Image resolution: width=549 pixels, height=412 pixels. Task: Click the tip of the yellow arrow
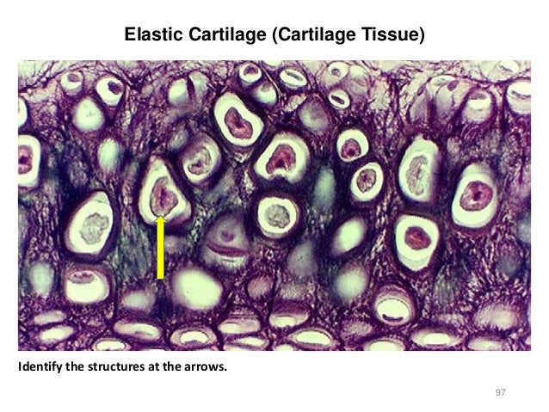pos(160,218)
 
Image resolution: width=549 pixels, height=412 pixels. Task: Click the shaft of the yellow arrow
pos(160,254)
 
